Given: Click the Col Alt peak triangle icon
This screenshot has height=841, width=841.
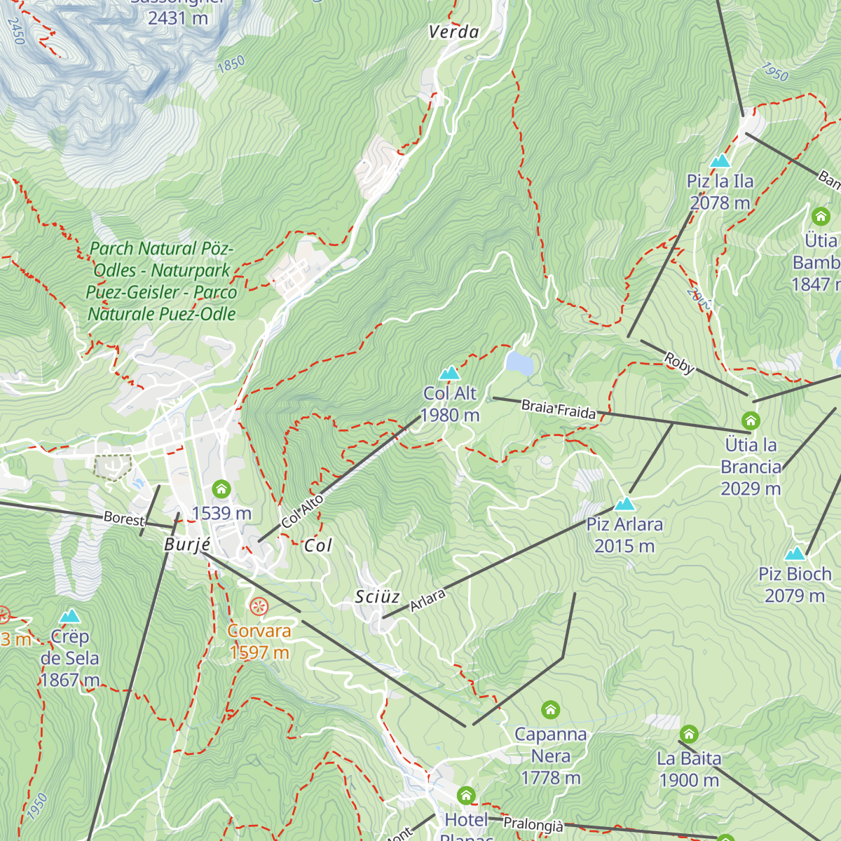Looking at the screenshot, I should pyautogui.click(x=449, y=373).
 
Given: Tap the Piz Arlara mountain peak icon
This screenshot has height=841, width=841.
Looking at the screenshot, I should pyautogui.click(x=624, y=504).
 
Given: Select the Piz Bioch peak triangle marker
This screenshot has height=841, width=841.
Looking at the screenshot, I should pyautogui.click(x=795, y=554).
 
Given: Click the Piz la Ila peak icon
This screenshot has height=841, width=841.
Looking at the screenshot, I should pyautogui.click(x=720, y=161).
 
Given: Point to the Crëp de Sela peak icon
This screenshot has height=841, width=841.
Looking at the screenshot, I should pyautogui.click(x=69, y=617).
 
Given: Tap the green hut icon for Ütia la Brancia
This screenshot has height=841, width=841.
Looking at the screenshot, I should pyautogui.click(x=751, y=421).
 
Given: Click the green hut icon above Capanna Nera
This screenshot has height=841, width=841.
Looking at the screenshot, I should pyautogui.click(x=551, y=710).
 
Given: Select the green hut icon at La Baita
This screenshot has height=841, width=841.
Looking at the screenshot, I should pyautogui.click(x=689, y=734).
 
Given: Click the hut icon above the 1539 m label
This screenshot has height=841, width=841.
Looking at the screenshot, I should pyautogui.click(x=221, y=489).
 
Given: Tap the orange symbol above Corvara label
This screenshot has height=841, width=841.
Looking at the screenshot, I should pyautogui.click(x=259, y=606).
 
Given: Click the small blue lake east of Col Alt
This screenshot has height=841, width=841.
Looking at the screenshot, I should pyautogui.click(x=519, y=363).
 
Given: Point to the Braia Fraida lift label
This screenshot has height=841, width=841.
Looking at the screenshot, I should pyautogui.click(x=559, y=409).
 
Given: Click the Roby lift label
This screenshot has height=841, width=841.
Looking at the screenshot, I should pyautogui.click(x=678, y=363).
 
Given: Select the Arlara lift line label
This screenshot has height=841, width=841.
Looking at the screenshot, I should pyautogui.click(x=428, y=601).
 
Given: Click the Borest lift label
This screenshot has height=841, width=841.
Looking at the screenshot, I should pyautogui.click(x=123, y=519).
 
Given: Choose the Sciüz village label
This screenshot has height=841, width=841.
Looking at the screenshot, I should pyautogui.click(x=377, y=597).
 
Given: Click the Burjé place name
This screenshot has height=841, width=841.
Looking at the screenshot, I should pyautogui.click(x=187, y=545).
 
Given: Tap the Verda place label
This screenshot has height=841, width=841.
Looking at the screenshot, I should pyautogui.click(x=453, y=32).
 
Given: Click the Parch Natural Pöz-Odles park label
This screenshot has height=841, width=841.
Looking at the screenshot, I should pyautogui.click(x=162, y=281).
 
